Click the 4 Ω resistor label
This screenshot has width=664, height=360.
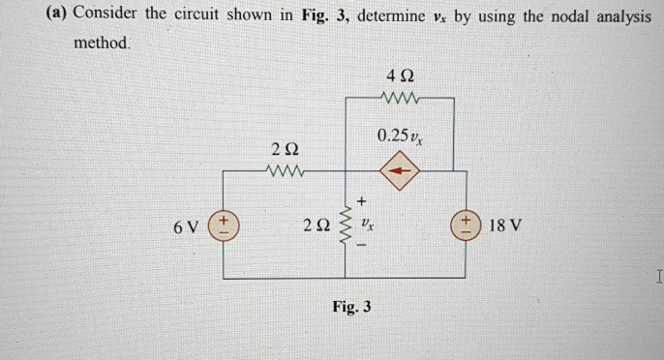pos(402,75)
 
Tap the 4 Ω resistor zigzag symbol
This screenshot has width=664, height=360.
pos(402,97)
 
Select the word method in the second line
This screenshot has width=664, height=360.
pos(102,45)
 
